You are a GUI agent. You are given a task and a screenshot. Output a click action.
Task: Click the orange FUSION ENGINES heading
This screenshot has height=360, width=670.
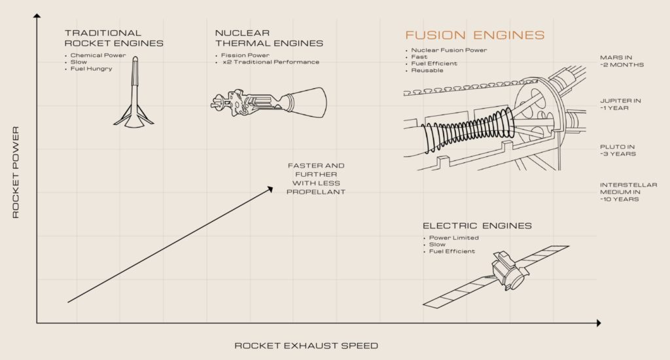pos(474,35)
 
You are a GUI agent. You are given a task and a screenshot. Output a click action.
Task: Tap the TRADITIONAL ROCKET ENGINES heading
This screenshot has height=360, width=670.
pos(114,38)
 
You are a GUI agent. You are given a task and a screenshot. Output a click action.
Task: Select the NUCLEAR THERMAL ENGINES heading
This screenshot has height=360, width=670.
pos(269,38)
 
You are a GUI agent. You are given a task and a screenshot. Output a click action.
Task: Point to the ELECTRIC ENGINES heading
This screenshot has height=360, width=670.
pos(477,226)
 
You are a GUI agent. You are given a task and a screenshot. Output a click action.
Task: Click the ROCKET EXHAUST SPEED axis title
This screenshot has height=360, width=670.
pos(306,346)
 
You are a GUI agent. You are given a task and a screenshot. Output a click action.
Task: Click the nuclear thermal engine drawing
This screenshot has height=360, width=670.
pos(270,101)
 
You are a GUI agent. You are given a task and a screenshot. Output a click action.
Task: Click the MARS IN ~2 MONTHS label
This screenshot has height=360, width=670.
pos(622,61)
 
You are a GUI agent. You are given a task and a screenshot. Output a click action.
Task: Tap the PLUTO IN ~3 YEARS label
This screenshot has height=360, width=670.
pos(618,150)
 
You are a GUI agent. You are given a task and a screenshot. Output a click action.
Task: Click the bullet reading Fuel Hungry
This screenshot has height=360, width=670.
pos(92,69)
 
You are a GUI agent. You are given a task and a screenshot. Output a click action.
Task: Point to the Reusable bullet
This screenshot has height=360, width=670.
pos(428,70)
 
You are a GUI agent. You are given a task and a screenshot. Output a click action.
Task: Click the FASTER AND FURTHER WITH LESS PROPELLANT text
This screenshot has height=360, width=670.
pos(317,179)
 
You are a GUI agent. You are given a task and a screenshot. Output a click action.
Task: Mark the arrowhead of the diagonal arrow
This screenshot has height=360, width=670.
pos(270,189)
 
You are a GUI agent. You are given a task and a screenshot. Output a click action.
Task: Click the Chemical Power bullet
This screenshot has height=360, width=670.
pos(98,55)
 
